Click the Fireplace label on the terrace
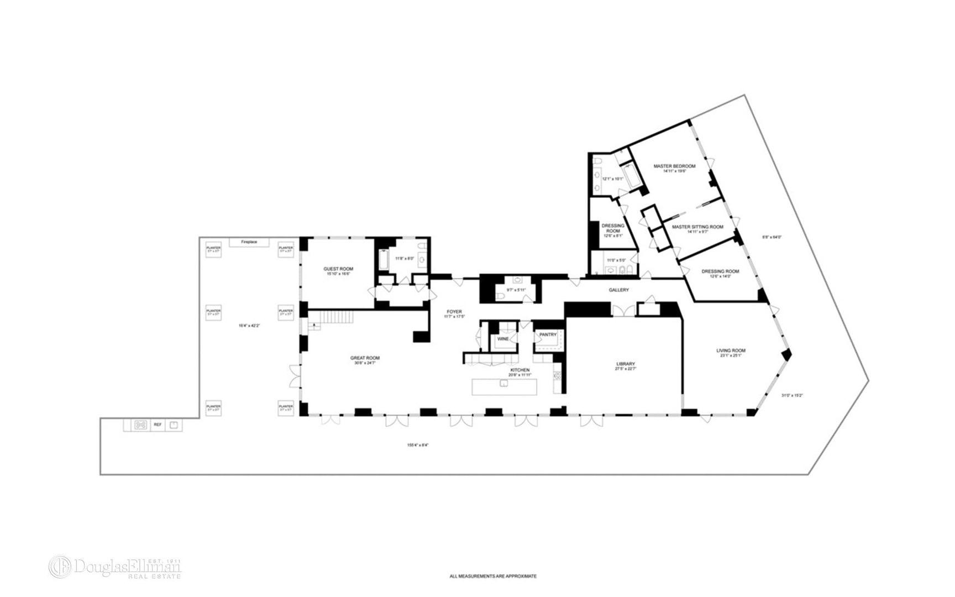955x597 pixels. click(x=249, y=242)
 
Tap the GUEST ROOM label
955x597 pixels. click(x=338, y=269)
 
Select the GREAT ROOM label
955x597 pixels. click(x=367, y=358)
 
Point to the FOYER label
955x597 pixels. click(x=454, y=312)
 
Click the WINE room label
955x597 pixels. click(x=503, y=338)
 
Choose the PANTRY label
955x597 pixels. click(x=548, y=334)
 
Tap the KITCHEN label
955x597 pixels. click(x=520, y=370)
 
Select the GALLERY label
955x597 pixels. click(x=619, y=290)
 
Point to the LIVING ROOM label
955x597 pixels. click(x=731, y=350)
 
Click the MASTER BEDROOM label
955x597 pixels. click(x=674, y=166)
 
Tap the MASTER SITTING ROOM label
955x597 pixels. click(x=697, y=227)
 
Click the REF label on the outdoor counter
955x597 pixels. click(x=158, y=425)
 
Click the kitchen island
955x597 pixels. click(x=505, y=386)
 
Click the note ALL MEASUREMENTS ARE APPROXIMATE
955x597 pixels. click(x=493, y=576)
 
